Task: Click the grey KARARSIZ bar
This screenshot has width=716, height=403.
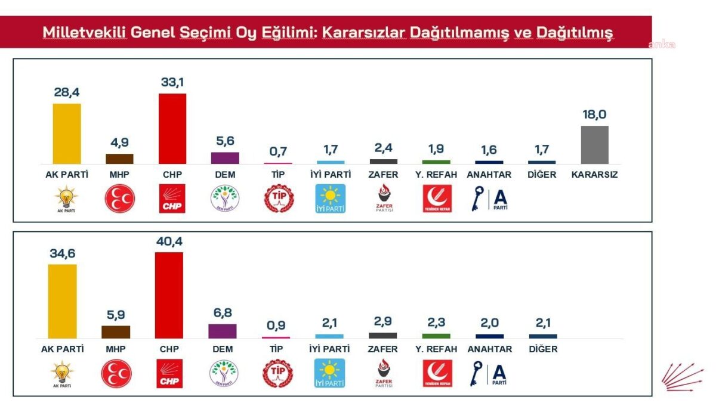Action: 594,144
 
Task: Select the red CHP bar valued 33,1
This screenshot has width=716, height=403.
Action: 172,128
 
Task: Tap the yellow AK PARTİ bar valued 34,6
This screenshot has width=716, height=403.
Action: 62,301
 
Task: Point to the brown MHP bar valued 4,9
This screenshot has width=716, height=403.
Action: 120,159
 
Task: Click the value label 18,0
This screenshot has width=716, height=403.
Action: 595,114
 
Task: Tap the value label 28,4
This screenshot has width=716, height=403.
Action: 67,92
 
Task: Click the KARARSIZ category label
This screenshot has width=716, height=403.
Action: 594,175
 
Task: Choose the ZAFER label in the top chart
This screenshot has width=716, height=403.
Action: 384,175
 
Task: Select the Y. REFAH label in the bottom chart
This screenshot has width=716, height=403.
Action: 436,349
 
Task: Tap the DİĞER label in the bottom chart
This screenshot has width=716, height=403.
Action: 542,349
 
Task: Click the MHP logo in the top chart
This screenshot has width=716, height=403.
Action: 120,199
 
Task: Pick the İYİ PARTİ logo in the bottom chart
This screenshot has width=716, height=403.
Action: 330,374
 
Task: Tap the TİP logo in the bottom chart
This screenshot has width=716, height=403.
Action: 279,374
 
